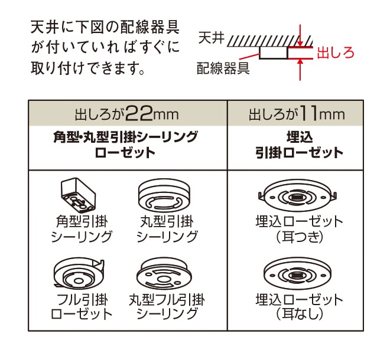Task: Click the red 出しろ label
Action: (x=335, y=53)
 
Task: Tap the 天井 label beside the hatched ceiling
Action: (x=211, y=38)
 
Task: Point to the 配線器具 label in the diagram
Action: (x=223, y=68)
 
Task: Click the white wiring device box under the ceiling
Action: (x=274, y=53)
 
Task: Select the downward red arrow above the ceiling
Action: (x=300, y=35)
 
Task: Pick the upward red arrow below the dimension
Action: (x=300, y=70)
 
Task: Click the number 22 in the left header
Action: (x=139, y=113)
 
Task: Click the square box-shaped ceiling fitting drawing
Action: (x=78, y=194)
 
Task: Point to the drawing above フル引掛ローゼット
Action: (x=79, y=274)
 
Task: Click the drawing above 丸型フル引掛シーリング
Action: (x=164, y=274)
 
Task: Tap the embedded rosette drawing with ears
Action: (x=297, y=195)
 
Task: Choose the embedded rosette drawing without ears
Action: (x=297, y=275)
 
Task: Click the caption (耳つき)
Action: (x=300, y=237)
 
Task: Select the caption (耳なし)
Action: (x=300, y=313)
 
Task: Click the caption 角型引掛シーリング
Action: (x=82, y=229)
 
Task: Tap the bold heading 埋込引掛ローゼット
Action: (x=300, y=145)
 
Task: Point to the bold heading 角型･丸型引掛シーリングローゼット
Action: (x=125, y=145)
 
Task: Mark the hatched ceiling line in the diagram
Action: (x=270, y=41)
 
